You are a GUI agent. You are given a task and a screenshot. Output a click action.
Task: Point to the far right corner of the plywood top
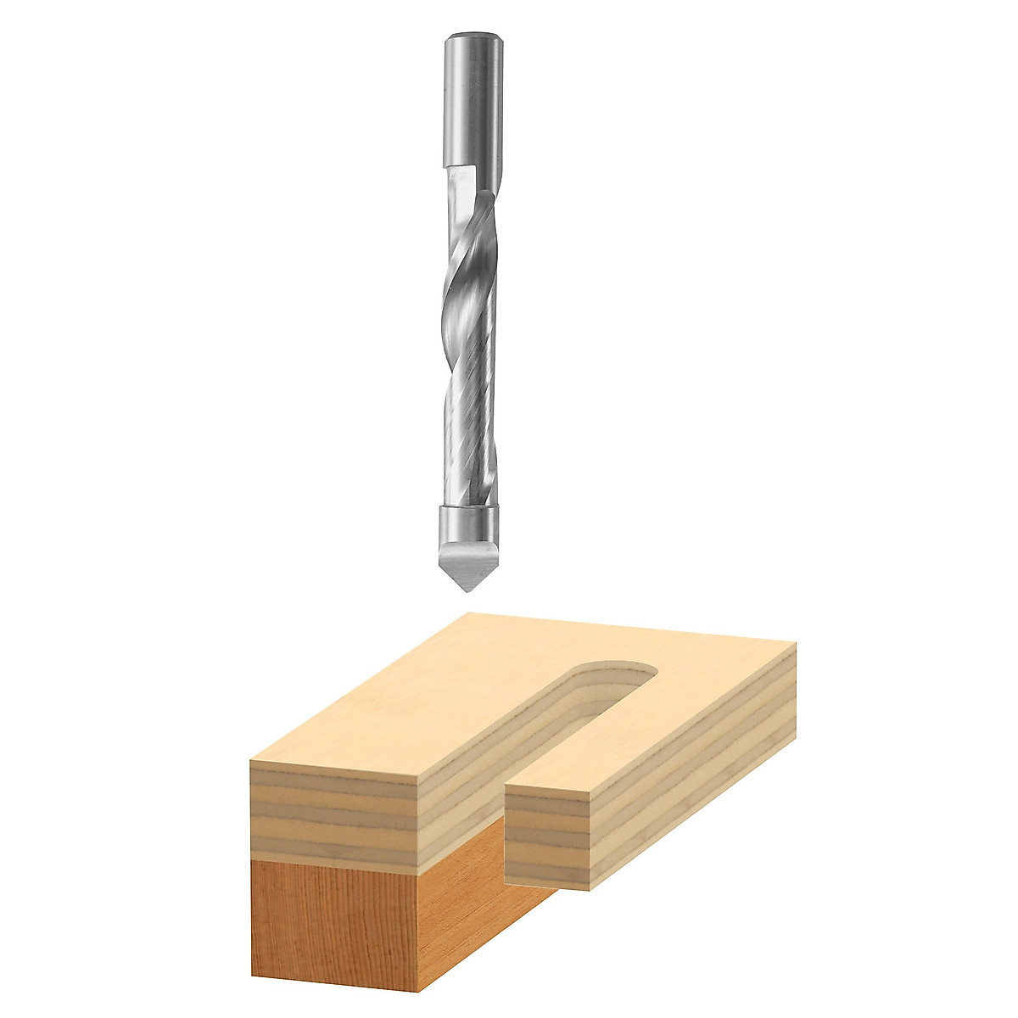pyautogui.click(x=796, y=643)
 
